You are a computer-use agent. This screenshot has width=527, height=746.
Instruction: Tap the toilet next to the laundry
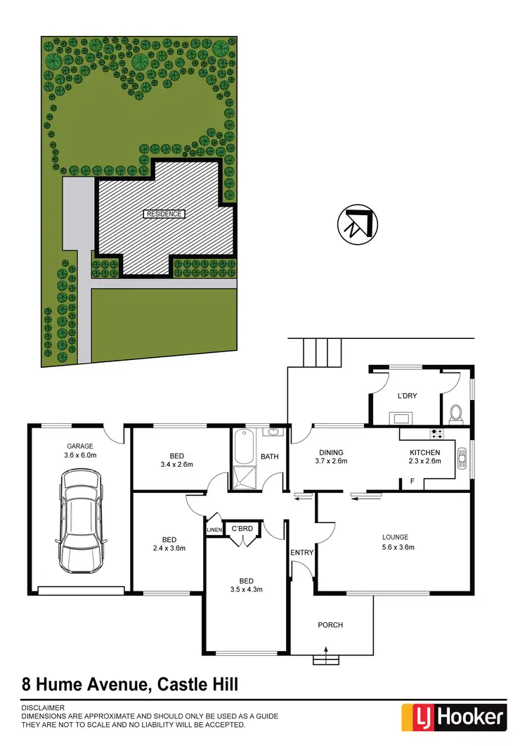455,413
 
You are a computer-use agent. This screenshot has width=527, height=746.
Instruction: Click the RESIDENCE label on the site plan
164,214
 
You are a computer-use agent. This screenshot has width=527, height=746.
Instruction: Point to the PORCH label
330,624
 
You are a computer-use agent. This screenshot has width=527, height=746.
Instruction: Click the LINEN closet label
214,529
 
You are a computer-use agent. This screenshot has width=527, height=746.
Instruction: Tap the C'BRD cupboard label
242,529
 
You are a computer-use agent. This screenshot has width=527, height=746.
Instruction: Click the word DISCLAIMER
44,707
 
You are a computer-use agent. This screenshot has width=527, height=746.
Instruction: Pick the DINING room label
331,452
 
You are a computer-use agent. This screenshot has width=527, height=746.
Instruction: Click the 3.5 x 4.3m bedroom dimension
246,589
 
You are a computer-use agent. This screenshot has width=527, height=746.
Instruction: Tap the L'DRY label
408,396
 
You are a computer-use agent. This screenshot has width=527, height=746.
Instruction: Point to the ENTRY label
302,552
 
